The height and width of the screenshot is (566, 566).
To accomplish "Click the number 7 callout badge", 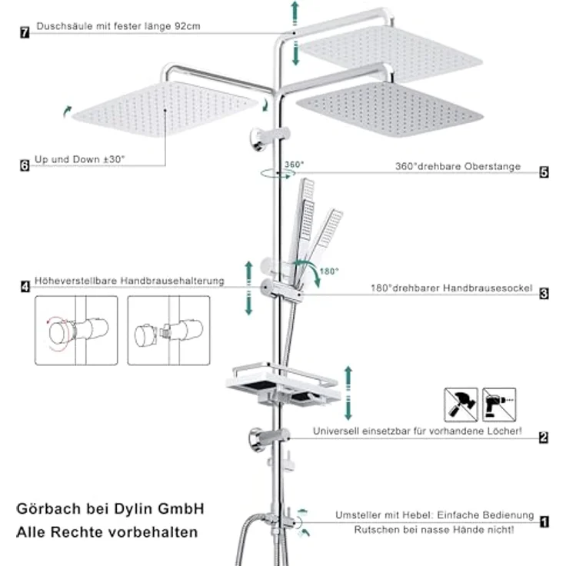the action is point(25,32).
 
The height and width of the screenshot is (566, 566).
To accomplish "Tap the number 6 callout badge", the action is point(25,165).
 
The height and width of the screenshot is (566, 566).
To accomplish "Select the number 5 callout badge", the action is point(544,172).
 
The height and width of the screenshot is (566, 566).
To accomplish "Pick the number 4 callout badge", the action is point(25,287).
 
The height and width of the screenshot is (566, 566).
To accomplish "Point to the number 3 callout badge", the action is point(544,294).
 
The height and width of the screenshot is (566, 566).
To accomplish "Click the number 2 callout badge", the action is point(544,438).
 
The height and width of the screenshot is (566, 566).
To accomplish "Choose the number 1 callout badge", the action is point(544,522).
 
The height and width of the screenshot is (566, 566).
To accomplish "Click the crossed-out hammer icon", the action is point(461,405).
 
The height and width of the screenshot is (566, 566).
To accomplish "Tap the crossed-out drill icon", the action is point(499,405).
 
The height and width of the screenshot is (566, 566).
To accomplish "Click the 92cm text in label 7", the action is point(188,26).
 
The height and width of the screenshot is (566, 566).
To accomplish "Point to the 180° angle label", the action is point(329,271).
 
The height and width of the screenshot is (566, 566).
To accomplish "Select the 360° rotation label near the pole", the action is point(295,165).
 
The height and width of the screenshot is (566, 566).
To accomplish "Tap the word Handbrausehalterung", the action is point(172,281).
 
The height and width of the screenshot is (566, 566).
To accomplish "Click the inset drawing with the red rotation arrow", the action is point(76,330).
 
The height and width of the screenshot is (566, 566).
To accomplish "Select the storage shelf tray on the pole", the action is point(284,385).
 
